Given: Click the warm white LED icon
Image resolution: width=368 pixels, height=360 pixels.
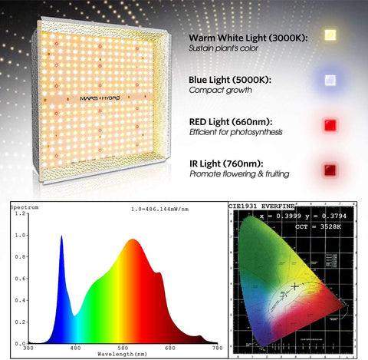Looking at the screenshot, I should [331, 35].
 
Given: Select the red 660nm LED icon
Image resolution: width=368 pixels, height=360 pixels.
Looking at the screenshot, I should [331, 124].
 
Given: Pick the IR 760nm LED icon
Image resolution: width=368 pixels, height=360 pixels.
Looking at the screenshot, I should [331, 168].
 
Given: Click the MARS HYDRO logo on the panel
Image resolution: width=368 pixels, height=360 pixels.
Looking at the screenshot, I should [104, 97].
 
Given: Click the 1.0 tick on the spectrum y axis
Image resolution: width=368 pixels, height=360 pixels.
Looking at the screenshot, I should [21, 235].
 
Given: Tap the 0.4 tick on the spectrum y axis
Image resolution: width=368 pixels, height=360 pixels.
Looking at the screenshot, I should [21, 300].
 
